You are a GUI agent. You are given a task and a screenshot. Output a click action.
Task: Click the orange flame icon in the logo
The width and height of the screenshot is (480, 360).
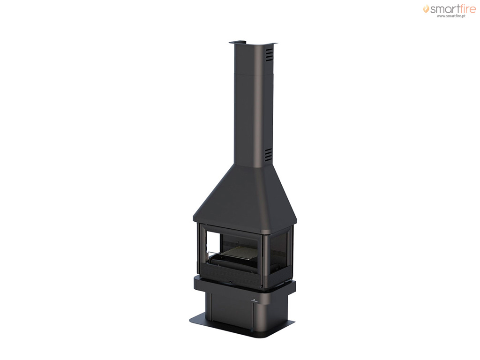pos(426,9)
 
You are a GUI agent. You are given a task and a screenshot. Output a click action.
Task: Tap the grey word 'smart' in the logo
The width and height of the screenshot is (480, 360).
pos(443,9)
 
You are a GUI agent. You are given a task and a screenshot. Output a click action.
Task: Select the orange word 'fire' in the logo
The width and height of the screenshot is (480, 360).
pos(466,9)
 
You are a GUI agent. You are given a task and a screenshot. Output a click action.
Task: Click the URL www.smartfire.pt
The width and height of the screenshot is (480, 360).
pos(451,16)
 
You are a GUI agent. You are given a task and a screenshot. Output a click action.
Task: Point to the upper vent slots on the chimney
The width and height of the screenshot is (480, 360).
pos(269,55)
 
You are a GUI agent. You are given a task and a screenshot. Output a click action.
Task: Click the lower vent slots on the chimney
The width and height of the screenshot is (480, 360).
pos(268,155)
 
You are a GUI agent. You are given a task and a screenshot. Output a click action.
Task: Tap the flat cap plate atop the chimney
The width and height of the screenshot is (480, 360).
pos(253,42)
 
